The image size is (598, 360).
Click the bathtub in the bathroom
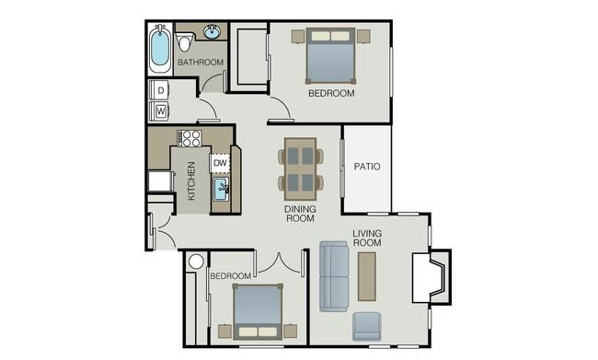(x=160, y=49)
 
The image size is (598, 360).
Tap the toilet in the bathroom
(x=185, y=42)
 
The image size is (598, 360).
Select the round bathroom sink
(x=212, y=31)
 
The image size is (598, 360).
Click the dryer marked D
(x=159, y=90)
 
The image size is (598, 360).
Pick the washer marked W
(x=159, y=111)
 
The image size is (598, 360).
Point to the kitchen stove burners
(x=190, y=138)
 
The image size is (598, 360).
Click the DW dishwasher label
(x=220, y=163)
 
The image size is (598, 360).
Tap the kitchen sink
(x=221, y=189)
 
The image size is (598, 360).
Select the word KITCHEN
(x=191, y=180)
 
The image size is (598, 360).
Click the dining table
(x=301, y=168)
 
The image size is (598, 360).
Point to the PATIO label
(x=367, y=167)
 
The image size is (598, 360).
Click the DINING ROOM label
(x=300, y=214)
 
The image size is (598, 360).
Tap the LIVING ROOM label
(x=367, y=238)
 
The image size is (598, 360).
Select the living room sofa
(x=334, y=276)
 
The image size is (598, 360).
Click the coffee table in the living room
(x=367, y=276)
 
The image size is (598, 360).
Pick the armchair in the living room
(x=366, y=326)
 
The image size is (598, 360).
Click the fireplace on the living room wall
(x=431, y=277)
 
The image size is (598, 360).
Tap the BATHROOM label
(x=201, y=63)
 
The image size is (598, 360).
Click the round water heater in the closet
(x=196, y=261)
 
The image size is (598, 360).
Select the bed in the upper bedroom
(x=330, y=56)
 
